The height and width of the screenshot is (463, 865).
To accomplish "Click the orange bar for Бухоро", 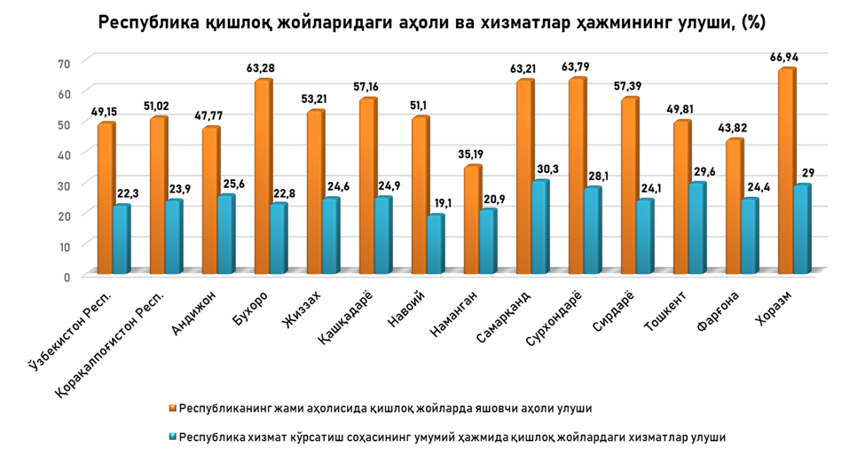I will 262,177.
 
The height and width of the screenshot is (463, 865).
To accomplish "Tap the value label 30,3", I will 545,169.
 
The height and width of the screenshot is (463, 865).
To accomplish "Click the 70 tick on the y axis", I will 63,63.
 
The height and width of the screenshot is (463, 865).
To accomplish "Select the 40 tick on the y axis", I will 63,154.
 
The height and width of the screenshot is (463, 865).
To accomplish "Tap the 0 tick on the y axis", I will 67,276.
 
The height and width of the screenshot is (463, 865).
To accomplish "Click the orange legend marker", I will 173,409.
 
